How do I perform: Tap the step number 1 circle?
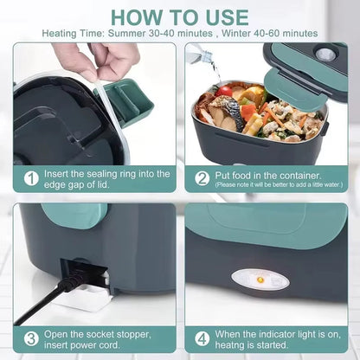(x=31, y=179)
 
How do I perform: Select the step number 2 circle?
(x=202, y=177)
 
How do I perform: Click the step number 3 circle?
(x=31, y=338)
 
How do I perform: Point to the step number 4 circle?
(x=202, y=338)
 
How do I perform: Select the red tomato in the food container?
(x=226, y=90)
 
